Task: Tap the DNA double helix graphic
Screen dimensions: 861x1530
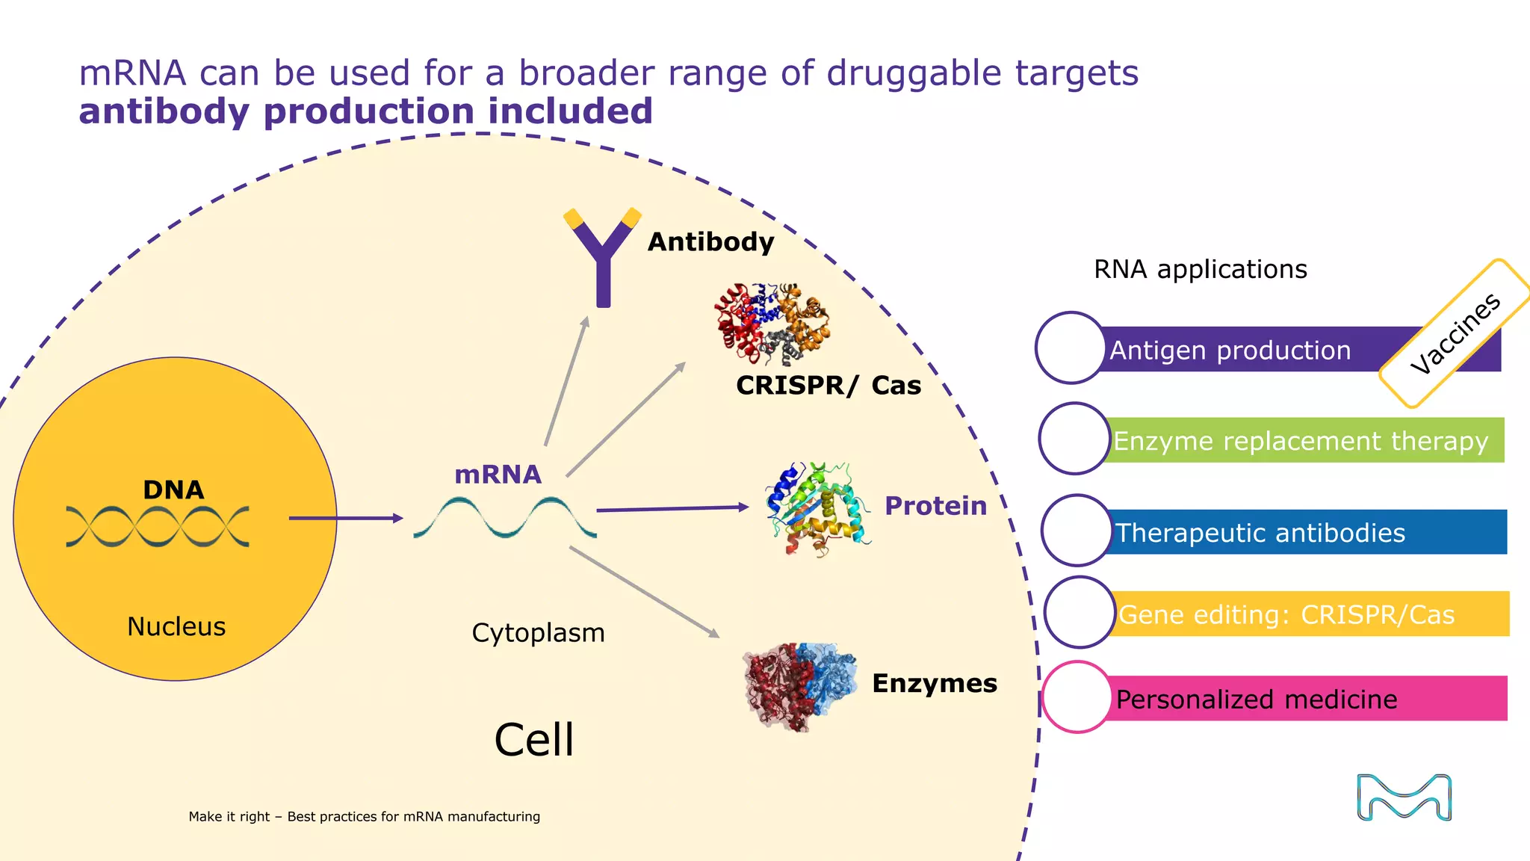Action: pyautogui.click(x=158, y=526)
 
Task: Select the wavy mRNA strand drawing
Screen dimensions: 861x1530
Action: pyautogui.click(x=505, y=517)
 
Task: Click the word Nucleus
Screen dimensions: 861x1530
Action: pyautogui.click(x=176, y=626)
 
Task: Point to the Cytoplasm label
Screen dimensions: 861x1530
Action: pyautogui.click(x=538, y=633)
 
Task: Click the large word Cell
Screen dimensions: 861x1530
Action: pyautogui.click(x=534, y=740)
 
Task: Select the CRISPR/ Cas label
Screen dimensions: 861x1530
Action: pyautogui.click(x=828, y=385)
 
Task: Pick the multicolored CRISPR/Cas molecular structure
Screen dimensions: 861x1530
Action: pyautogui.click(x=772, y=323)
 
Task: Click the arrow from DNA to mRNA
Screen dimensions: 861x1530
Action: pyautogui.click(x=346, y=518)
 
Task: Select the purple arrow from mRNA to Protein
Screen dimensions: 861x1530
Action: pyautogui.click(x=672, y=508)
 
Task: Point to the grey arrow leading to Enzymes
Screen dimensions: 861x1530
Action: pyautogui.click(x=644, y=592)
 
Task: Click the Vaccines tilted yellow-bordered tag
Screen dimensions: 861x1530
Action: pyautogui.click(x=1455, y=333)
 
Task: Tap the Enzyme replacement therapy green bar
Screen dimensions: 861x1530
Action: pyautogui.click(x=1304, y=440)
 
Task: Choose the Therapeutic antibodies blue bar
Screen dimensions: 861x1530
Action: pyautogui.click(x=1307, y=532)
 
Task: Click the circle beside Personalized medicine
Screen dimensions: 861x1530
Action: pyautogui.click(x=1077, y=697)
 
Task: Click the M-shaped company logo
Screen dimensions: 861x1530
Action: pyautogui.click(x=1404, y=797)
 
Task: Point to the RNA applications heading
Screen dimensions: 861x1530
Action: pyautogui.click(x=1200, y=269)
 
